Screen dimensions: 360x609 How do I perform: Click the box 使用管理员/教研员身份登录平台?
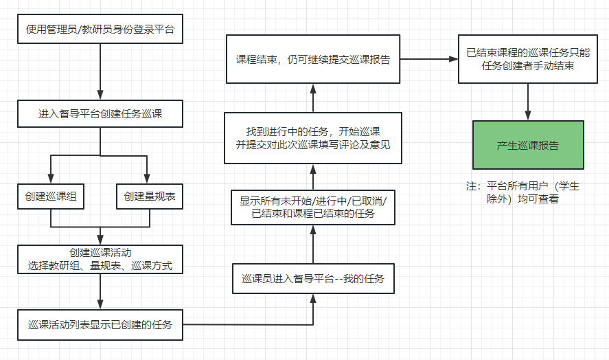[x=100, y=30]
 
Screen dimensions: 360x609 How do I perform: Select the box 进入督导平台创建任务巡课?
[x=100, y=113]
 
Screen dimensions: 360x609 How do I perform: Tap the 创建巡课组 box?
[x=51, y=196]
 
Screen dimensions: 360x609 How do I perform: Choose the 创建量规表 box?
[x=150, y=196]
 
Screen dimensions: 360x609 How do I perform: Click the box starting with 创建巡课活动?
[x=100, y=259]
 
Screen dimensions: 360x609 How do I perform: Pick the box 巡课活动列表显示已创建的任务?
[x=100, y=324]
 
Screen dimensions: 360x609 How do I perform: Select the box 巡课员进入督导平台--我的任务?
[x=313, y=279]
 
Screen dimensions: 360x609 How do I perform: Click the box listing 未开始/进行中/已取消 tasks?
[x=313, y=207]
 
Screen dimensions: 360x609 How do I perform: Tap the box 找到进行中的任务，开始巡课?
[x=313, y=137]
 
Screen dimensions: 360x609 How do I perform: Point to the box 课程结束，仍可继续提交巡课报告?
[x=313, y=59]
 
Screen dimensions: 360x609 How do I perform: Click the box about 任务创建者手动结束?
[x=528, y=59]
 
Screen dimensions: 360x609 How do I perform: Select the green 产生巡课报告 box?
[x=528, y=145]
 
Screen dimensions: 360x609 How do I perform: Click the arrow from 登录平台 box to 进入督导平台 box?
[x=100, y=71]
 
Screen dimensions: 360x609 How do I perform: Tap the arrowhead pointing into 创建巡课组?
[x=51, y=179]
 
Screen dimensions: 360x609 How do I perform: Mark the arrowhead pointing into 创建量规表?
[x=149, y=179]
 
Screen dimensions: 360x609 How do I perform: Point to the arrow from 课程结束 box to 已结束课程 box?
[x=430, y=59]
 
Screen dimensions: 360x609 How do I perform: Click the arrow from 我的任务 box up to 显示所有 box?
[x=313, y=244]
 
